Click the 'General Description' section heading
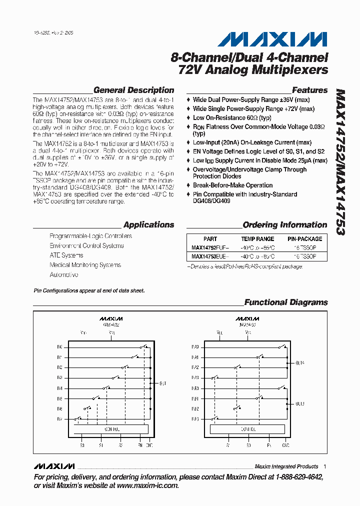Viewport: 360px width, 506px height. point(133,90)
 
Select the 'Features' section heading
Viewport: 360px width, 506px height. point(309,90)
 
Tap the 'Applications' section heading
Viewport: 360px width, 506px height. point(148,225)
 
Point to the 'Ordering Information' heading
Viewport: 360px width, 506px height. point(284,225)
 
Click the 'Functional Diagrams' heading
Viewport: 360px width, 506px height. point(285,302)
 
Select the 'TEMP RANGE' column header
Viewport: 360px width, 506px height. point(257,239)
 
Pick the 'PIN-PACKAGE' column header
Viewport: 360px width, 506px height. point(305,239)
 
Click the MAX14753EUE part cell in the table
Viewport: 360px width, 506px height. point(210,256)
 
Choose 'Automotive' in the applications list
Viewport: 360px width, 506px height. point(64,275)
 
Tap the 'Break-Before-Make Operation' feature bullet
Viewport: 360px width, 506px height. point(232,185)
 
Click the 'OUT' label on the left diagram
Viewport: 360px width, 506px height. point(162,383)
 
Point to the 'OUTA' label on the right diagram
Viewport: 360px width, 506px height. point(300,363)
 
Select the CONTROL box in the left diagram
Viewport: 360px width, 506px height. point(111,429)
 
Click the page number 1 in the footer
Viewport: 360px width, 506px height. point(325,466)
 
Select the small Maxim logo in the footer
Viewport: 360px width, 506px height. point(54,466)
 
